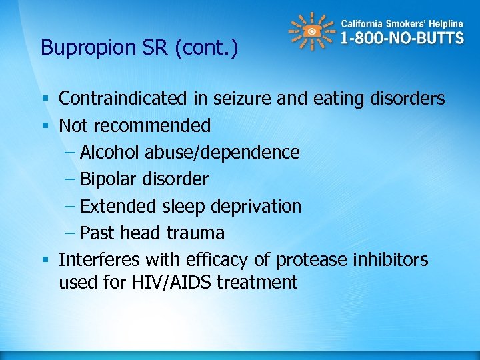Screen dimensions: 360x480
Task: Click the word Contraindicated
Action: click(x=123, y=99)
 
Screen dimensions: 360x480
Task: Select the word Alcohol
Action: click(x=108, y=153)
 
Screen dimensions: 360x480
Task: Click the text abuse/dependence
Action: click(x=220, y=153)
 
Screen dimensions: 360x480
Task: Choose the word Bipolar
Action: click(x=107, y=179)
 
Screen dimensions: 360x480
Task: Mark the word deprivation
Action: click(x=256, y=207)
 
